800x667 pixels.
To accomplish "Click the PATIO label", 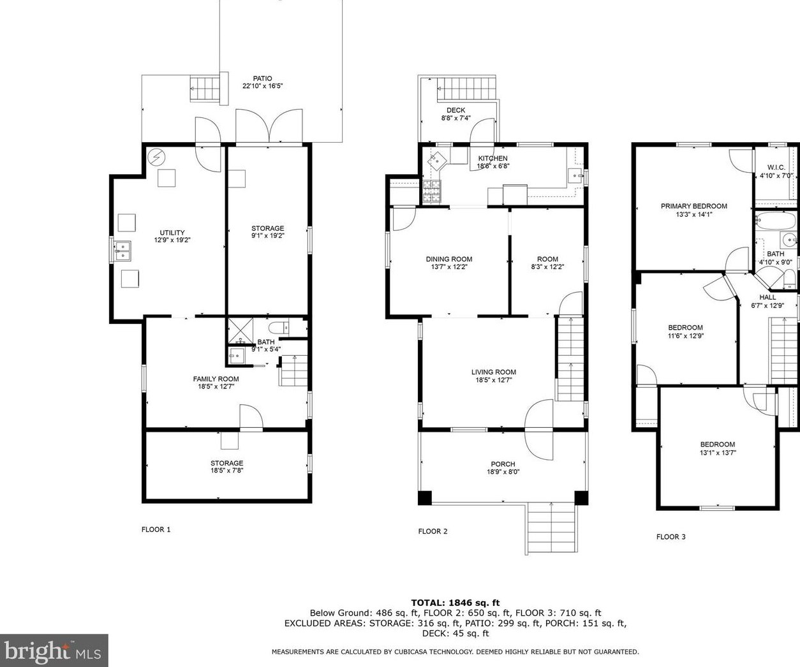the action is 262,78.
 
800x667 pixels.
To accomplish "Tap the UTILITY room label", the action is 172,232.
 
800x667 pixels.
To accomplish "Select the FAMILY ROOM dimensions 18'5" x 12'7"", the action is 216,386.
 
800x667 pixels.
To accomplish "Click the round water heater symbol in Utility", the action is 156,157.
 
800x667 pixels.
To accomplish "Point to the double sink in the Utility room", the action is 122,251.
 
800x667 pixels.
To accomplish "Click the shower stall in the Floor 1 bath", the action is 241,330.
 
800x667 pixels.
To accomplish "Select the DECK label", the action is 456,110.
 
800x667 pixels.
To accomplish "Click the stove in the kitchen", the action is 432,191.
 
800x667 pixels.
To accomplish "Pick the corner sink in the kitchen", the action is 437,161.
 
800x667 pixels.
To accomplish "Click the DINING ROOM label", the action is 449,260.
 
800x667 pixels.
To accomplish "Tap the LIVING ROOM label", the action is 494,372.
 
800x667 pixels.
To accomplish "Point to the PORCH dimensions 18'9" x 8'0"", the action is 503,472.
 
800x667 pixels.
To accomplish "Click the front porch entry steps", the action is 552,529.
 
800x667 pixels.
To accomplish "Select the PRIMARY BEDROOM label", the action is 694,206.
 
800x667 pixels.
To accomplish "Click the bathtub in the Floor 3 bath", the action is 776,221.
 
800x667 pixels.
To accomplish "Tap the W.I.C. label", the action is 776,168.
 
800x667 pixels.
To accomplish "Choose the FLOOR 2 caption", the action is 433,531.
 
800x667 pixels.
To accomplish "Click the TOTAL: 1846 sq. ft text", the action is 455,603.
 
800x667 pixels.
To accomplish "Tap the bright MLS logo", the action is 54,650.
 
